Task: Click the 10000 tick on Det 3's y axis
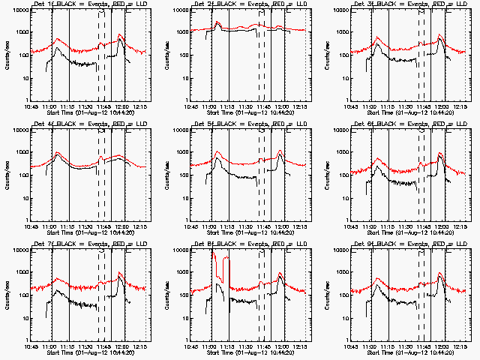338,10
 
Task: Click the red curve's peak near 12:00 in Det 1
120,34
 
